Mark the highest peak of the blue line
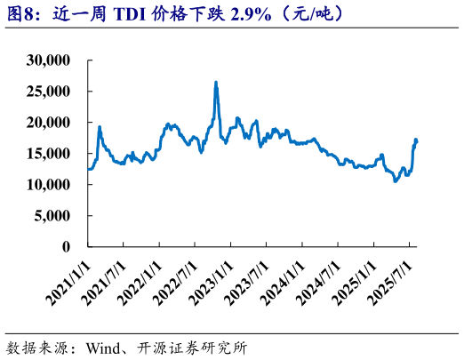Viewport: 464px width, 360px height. (x=216, y=82)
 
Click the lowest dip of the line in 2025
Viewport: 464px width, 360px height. (x=396, y=180)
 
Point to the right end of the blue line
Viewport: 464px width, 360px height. (x=417, y=140)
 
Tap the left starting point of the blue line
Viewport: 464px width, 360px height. (x=88, y=169)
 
